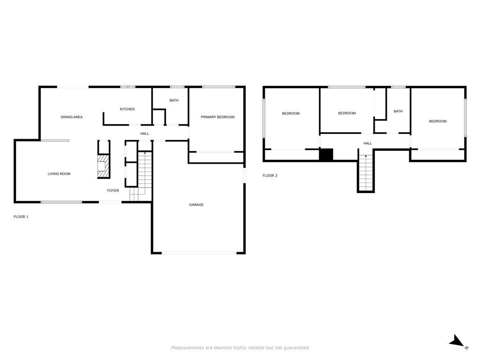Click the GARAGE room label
tap(196, 205)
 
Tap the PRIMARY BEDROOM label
tap(217, 117)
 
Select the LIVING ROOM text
tap(59, 174)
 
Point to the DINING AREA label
tap(72, 117)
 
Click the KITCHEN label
tap(127, 109)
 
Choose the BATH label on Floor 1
tap(174, 100)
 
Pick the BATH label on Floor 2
tap(398, 112)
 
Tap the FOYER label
tap(113, 191)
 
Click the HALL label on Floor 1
tap(145, 134)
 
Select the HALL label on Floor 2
tap(368, 143)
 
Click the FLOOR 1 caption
tap(21, 217)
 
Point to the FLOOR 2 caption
tap(270, 176)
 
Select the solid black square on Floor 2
tap(326, 155)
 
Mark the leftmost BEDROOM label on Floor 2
tap(291, 113)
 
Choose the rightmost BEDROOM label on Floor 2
tap(438, 121)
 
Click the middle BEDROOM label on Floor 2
tap(347, 113)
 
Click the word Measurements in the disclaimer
tap(187, 348)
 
